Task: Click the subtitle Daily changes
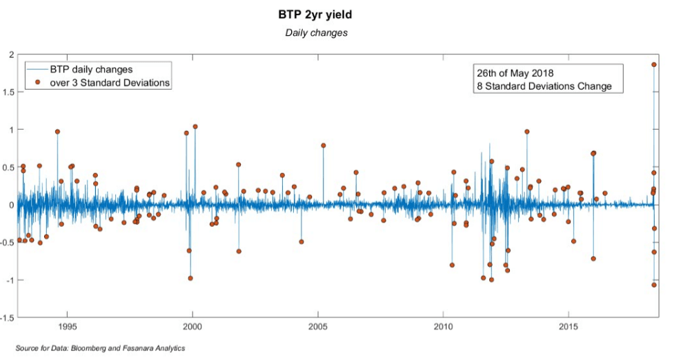tap(317, 33)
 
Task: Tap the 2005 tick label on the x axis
tap(318, 326)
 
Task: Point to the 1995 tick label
tap(68, 326)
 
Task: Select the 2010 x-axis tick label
tap(443, 326)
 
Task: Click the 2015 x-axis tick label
tap(568, 326)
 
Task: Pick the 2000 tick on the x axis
tap(192, 326)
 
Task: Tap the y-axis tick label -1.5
tap(6, 317)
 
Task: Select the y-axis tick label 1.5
tap(7, 92)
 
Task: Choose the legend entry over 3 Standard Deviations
tap(110, 83)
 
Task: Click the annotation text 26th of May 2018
tap(515, 73)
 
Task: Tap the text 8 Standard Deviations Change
tap(544, 86)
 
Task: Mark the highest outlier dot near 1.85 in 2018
tap(654, 65)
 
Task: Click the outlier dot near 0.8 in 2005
tap(323, 146)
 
